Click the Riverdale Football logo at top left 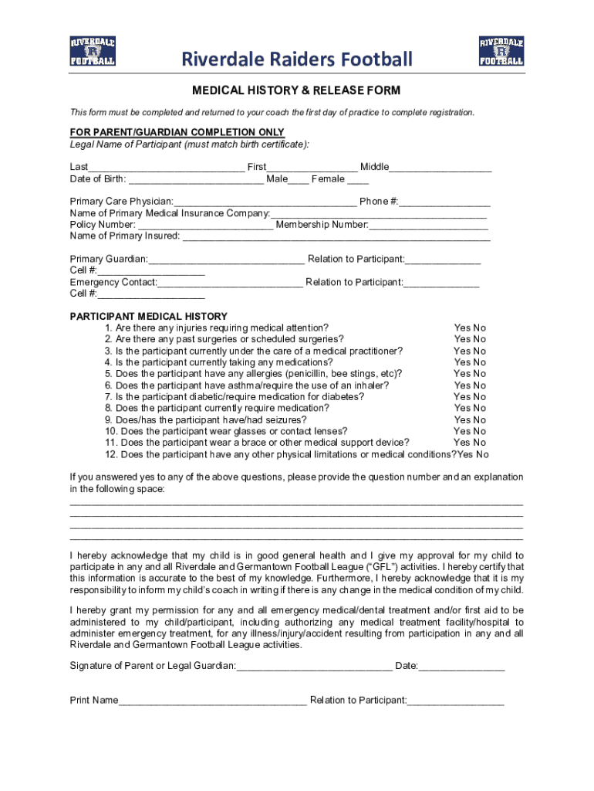pyautogui.click(x=93, y=50)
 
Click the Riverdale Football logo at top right pyautogui.click(x=501, y=50)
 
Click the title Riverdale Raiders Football pyautogui.click(x=297, y=59)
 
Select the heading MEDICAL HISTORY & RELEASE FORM pyautogui.click(x=296, y=91)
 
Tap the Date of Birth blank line pyautogui.click(x=195, y=180)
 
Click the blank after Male pyautogui.click(x=299, y=180)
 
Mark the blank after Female pyautogui.click(x=358, y=180)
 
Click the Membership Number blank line pyautogui.click(x=429, y=226)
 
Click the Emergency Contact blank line pyautogui.click(x=230, y=283)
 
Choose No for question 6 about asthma pyautogui.click(x=480, y=385)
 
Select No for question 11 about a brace pyautogui.click(x=480, y=443)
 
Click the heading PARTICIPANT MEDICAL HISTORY pyautogui.click(x=148, y=317)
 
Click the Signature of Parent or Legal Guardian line pyautogui.click(x=315, y=667)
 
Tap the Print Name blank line pyautogui.click(x=212, y=701)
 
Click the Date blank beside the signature pyautogui.click(x=462, y=667)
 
